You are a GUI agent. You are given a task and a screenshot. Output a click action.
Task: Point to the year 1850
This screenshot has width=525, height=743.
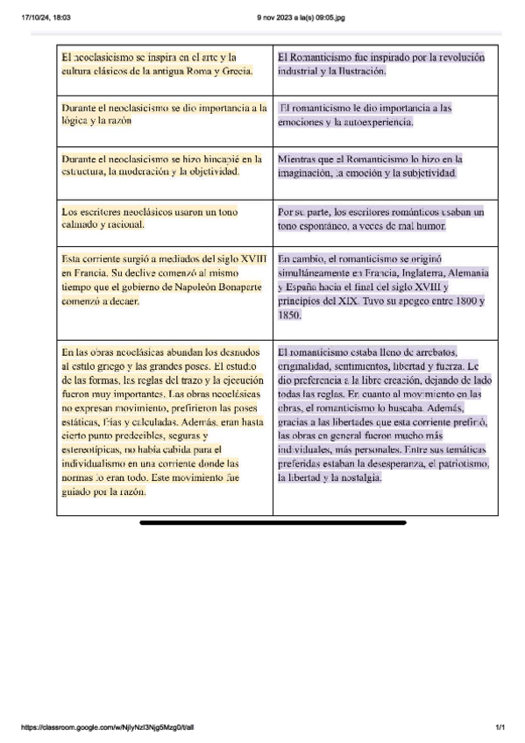point(289,315)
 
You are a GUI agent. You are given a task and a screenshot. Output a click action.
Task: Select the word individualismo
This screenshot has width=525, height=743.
point(100,463)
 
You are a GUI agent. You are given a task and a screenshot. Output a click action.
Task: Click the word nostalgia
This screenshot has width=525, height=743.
point(356,478)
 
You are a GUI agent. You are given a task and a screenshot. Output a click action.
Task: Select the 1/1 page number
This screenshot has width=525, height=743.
point(500,727)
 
